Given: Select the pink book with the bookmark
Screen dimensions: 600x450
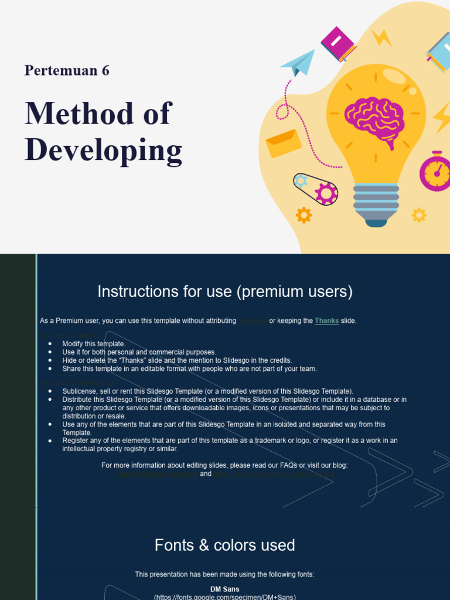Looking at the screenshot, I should pos(339,43).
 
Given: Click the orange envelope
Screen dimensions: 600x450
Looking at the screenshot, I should pos(284,144).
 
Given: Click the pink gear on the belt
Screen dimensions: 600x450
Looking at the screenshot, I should pos(326,193).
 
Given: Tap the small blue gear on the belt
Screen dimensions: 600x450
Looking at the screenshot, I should pos(301,180).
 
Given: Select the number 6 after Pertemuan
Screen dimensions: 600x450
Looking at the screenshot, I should pos(105,71).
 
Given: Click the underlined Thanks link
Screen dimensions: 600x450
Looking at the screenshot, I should pos(326,321).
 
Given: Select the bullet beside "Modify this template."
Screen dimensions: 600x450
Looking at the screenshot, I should pos(50,343).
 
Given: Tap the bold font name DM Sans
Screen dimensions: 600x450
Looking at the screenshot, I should pos(225,589).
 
